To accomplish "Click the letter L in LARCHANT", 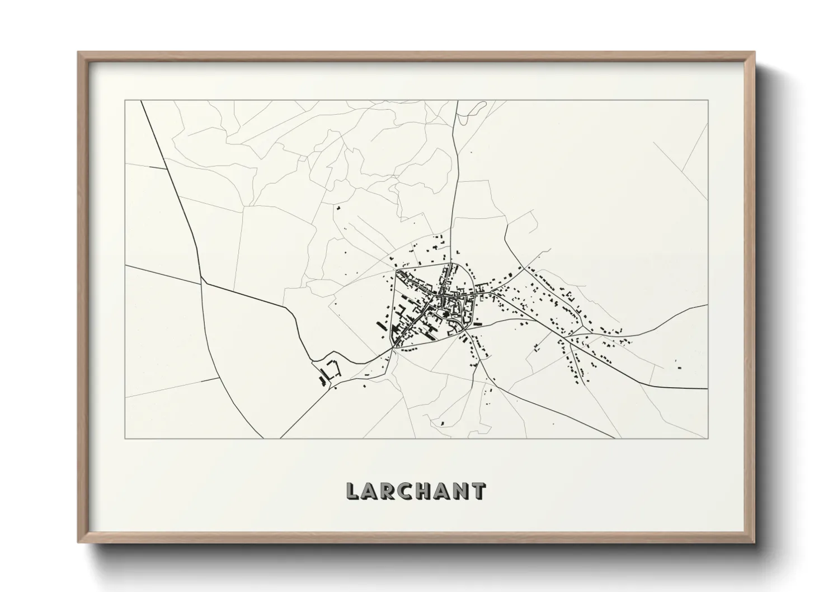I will point(352,491).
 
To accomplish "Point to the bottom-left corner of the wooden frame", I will point(79,542).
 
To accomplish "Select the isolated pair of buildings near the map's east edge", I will point(678,365).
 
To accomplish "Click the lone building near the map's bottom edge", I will point(443,423).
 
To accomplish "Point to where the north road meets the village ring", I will point(452,263).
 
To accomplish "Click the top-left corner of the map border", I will point(125,101).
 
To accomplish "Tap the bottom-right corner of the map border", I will point(708,438).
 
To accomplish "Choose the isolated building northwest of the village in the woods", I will point(338,208).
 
